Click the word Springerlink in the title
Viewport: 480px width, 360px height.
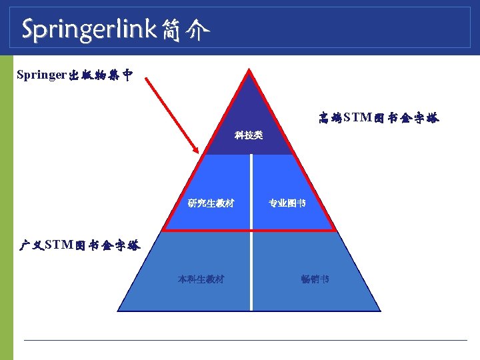pyautogui.click(x=89, y=29)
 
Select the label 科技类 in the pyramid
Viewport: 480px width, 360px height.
pyautogui.click(x=249, y=135)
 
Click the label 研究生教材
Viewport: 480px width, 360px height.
pyautogui.click(x=211, y=203)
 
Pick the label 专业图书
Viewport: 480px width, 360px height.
pyautogui.click(x=287, y=203)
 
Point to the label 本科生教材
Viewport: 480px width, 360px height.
pyautogui.click(x=201, y=279)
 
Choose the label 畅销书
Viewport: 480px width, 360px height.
pyautogui.click(x=315, y=279)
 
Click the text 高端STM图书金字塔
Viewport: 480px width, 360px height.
pyautogui.click(x=379, y=119)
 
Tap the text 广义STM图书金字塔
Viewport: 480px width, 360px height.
pyautogui.click(x=79, y=245)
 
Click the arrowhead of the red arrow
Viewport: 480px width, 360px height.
pyautogui.click(x=198, y=153)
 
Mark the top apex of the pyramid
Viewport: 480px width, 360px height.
pyautogui.click(x=249, y=69)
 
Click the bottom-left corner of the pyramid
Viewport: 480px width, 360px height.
pyautogui.click(x=119, y=311)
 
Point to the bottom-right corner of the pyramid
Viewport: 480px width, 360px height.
pyautogui.click(x=380, y=311)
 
